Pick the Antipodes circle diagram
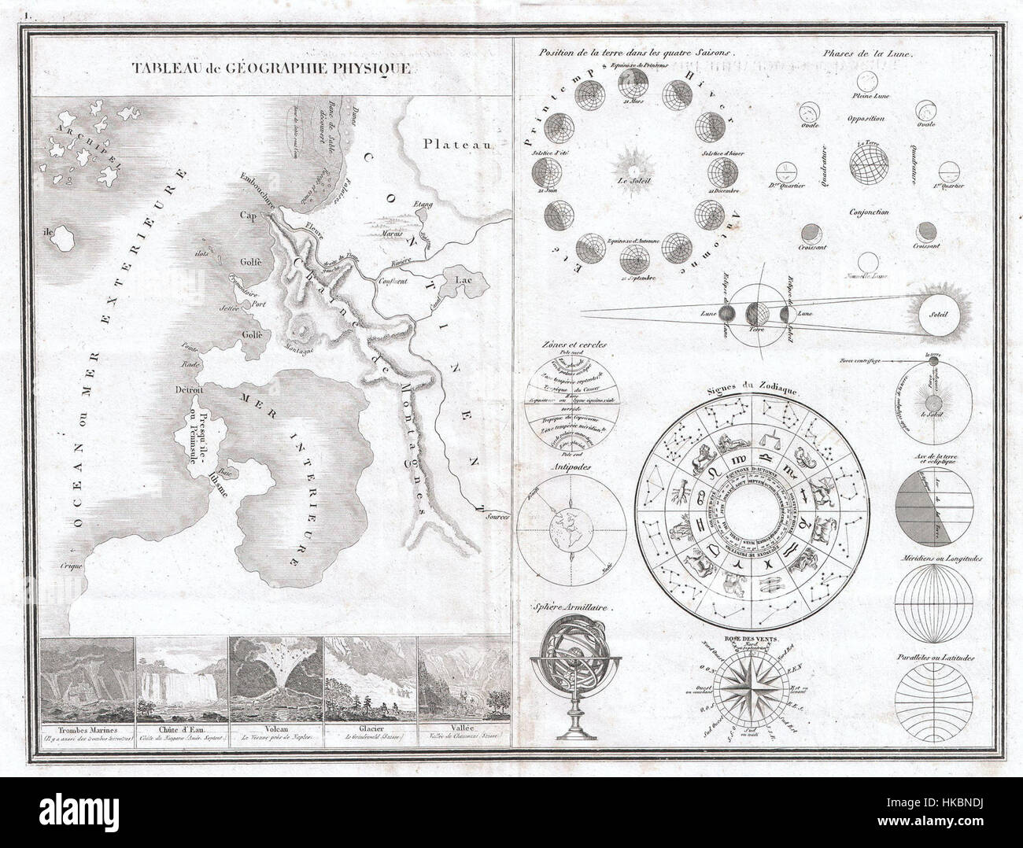coord(571,525)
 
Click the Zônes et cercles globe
coord(571,401)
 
